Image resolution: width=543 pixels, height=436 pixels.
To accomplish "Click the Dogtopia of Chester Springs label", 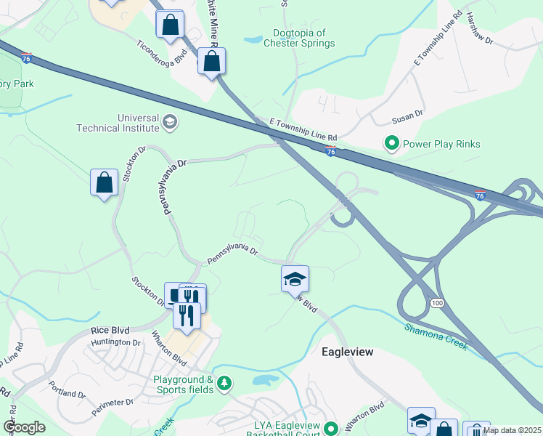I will tap(303, 38).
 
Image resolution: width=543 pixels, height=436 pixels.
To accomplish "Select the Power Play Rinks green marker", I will tap(392, 144).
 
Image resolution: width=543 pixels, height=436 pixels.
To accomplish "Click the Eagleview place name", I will tap(347, 352).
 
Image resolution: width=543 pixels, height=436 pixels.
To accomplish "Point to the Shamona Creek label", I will tap(436, 336).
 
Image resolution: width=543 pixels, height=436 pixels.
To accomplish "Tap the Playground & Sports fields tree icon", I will tap(224, 381).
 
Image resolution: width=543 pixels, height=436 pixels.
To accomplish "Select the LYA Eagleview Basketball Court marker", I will tap(332, 429).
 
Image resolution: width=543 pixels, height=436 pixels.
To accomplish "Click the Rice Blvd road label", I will tap(110, 331).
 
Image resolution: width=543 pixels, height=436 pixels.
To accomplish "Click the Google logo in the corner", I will tap(24, 427).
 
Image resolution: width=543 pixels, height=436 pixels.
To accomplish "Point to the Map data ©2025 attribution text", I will tap(512, 430).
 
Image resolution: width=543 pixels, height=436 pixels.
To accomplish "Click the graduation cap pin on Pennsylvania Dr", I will tap(295, 279).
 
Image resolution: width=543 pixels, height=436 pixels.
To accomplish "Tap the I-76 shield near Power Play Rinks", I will tap(331, 151).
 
